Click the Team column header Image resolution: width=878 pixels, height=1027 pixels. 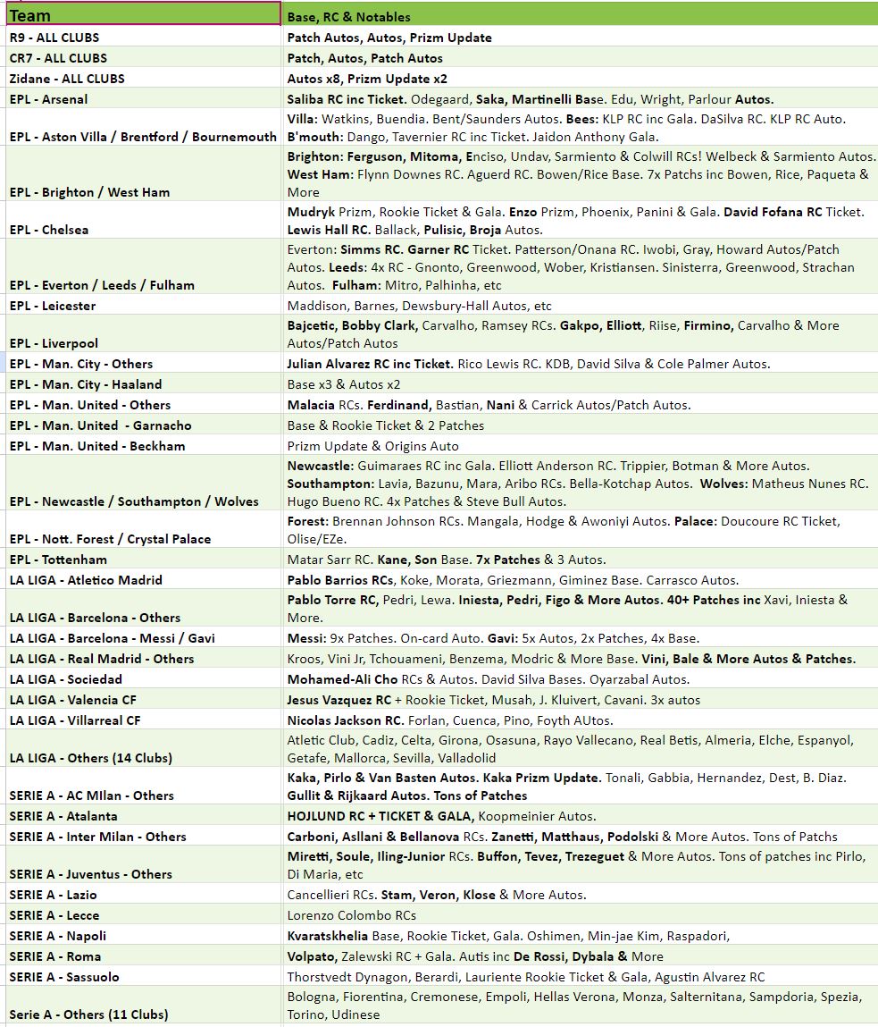[30, 15]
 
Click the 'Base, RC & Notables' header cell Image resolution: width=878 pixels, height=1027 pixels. [348, 17]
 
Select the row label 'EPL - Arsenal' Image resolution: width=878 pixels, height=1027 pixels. [48, 99]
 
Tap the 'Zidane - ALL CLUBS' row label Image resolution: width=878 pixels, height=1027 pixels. [67, 79]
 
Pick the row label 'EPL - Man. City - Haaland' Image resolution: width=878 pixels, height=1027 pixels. [86, 384]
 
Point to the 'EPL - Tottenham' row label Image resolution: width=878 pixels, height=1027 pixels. [58, 560]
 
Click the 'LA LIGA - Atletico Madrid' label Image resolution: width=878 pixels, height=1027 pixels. [86, 580]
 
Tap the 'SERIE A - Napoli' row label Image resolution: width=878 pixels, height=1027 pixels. [57, 936]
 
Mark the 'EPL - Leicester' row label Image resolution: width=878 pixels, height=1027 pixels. [53, 306]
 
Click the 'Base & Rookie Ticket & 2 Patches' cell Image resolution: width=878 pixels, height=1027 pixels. [385, 425]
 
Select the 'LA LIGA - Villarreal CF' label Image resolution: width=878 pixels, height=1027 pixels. [75, 720]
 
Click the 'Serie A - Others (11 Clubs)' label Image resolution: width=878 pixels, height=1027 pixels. [88, 1014]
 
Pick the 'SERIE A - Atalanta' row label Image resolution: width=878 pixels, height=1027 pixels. [63, 816]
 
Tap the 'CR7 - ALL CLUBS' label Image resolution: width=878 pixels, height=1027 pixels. [58, 58]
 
